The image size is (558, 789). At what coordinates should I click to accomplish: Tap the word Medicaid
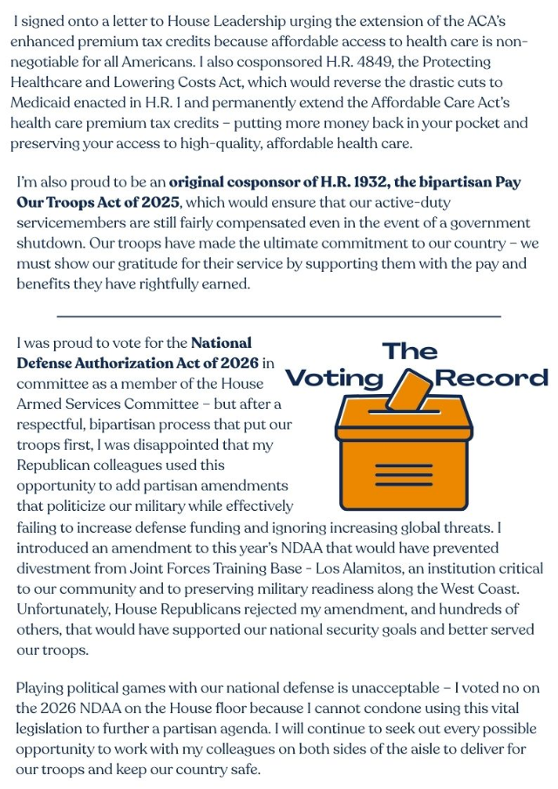42,103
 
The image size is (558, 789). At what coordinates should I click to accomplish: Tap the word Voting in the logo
335,377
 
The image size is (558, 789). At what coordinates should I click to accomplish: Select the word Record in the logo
492,377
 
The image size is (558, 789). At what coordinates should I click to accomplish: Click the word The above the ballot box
410,351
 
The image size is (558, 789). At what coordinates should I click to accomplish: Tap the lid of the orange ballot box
404,425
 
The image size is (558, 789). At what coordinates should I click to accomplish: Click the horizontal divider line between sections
279,316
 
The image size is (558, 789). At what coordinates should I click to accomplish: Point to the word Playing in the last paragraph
40,689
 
